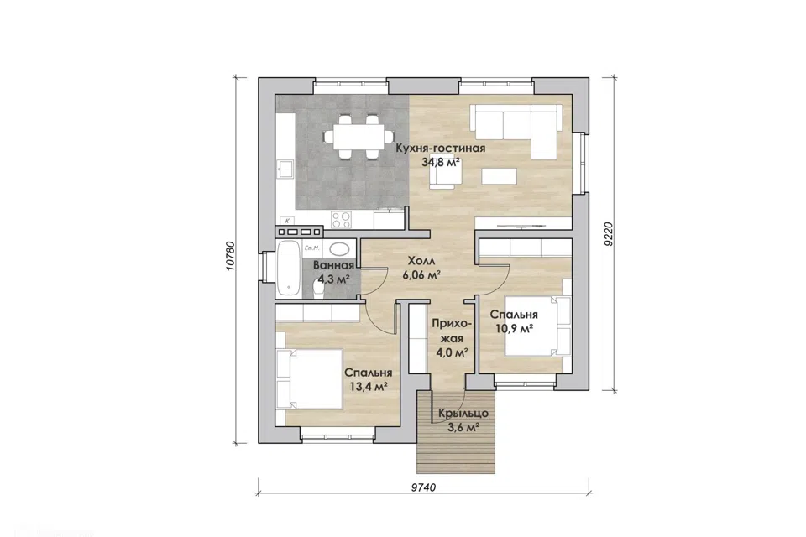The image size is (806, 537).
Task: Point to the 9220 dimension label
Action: click(x=609, y=234)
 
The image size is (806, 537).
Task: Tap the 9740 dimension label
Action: click(x=423, y=487)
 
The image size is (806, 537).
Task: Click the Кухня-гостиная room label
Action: click(x=441, y=149)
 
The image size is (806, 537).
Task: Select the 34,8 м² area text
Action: click(x=441, y=163)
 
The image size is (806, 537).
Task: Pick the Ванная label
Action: click(x=333, y=265)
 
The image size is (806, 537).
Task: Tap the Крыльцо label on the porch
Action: click(x=463, y=413)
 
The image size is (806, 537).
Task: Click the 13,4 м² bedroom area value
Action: click(x=369, y=387)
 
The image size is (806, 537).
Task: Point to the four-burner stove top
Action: click(x=342, y=220)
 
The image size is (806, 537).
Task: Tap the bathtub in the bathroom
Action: click(x=288, y=268)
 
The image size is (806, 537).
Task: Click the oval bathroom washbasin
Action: click(x=338, y=249)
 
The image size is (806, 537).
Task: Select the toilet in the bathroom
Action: click(x=317, y=291)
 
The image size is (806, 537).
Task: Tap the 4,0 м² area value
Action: click(x=452, y=352)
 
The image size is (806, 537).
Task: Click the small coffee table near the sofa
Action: click(x=499, y=175)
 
